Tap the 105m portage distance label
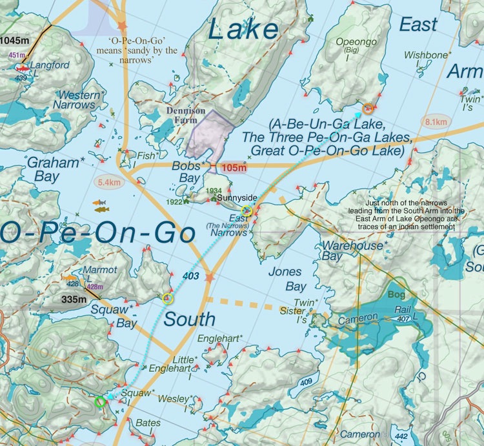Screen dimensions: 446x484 pos(233,168)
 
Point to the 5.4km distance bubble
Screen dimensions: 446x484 pos(109,183)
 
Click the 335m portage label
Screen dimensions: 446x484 pos(73,299)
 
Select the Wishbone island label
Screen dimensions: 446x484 pos(427,56)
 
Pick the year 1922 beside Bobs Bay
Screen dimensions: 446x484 pos(175,202)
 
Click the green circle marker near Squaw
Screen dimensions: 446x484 pos(99,401)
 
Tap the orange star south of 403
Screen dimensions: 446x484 pos(208,278)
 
